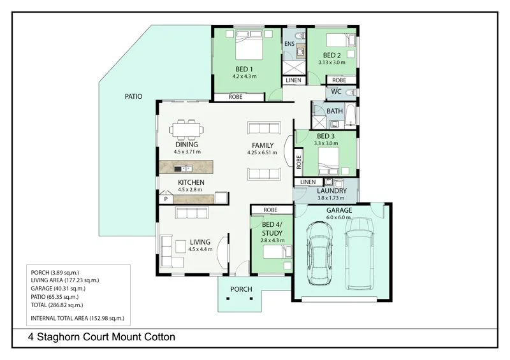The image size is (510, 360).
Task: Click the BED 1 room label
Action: coord(244,68)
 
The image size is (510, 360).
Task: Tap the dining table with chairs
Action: coord(186,129)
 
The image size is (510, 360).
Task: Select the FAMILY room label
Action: coord(262,145)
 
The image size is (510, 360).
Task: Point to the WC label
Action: coord(337,92)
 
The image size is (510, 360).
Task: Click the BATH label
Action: coord(335,111)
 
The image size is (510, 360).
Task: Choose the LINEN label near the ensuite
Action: coord(293,80)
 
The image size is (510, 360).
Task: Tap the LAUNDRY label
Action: coord(331,191)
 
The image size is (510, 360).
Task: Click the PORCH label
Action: coord(242,289)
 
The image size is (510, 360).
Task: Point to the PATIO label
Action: coord(133,97)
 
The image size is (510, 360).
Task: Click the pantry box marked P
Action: coord(166,199)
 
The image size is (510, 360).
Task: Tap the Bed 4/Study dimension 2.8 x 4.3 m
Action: coord(272,240)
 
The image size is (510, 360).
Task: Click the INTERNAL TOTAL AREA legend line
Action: coord(77,317)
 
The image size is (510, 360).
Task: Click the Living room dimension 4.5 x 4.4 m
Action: coord(200,250)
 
